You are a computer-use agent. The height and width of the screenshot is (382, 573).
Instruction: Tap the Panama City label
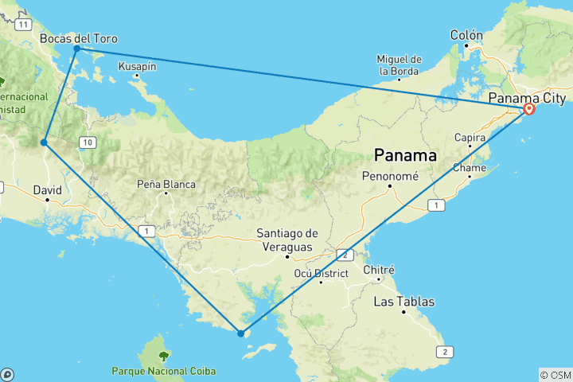[527, 98]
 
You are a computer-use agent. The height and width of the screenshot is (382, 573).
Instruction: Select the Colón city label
[466, 35]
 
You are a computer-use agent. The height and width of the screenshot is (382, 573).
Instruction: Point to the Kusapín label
[136, 66]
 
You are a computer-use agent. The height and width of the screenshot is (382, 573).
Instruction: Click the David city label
[47, 189]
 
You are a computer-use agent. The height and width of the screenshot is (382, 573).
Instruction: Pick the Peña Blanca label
[166, 184]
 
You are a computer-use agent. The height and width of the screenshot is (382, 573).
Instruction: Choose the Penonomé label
[390, 176]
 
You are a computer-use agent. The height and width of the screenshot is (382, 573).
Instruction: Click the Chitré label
[379, 270]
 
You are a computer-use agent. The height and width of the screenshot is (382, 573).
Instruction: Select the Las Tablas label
[404, 302]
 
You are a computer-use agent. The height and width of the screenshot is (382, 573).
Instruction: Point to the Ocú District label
[321, 274]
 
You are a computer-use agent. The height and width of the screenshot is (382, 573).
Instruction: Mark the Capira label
[470, 137]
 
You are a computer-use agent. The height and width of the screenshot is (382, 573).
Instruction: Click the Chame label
[469, 168]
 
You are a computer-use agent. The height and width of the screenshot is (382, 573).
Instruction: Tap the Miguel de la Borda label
[399, 64]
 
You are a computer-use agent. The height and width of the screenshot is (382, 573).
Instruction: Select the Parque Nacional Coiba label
[163, 371]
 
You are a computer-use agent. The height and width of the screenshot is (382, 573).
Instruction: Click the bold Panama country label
[405, 155]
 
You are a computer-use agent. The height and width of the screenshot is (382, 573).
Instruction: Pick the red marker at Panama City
[528, 108]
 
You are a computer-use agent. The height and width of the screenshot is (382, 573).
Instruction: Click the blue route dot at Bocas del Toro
[77, 49]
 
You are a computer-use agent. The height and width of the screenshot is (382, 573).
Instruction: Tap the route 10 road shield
[88, 142]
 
